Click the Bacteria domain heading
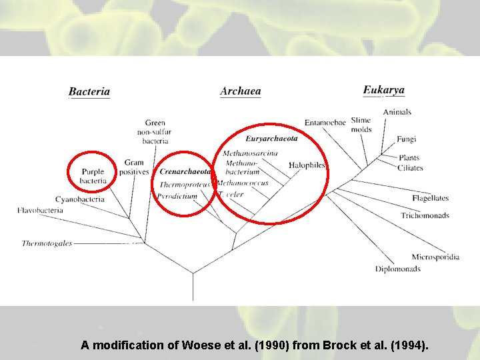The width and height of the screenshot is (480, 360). [89, 92]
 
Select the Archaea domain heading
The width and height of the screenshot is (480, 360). [241, 91]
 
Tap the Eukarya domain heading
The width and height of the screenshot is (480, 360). [383, 90]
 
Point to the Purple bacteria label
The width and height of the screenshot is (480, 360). [93, 176]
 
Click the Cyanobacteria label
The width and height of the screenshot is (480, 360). [79, 199]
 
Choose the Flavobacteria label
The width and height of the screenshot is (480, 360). [41, 211]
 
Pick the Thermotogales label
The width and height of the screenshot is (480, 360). [47, 243]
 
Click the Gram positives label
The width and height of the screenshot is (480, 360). [134, 167]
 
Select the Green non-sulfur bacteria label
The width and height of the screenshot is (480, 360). [155, 131]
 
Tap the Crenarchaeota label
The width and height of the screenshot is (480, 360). [185, 171]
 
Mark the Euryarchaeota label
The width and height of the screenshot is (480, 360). [271, 139]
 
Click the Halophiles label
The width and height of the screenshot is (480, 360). [307, 165]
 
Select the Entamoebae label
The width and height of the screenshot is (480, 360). [325, 123]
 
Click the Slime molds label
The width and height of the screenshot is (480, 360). [361, 125]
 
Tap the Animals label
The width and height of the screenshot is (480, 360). [397, 112]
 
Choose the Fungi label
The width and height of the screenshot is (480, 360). [406, 139]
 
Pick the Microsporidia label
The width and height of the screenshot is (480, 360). [435, 257]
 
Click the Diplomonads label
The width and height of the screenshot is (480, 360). [397, 269]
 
